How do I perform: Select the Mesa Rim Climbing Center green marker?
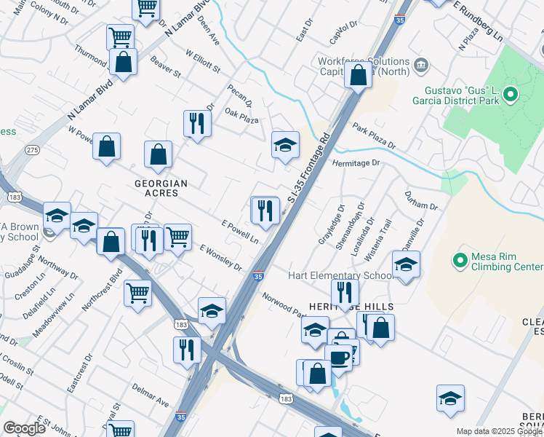tap(460, 259)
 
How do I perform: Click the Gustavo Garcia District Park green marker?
tap(511, 93)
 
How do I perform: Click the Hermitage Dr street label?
tap(356, 163)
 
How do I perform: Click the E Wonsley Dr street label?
tap(222, 258)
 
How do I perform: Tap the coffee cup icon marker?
tap(337, 356)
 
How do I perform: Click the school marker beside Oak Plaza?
tap(286, 144)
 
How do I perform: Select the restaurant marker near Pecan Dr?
tap(196, 122)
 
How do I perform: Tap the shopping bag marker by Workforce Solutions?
tap(359, 74)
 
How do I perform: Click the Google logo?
tap(25, 428)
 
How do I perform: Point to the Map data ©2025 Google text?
tap(499, 431)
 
